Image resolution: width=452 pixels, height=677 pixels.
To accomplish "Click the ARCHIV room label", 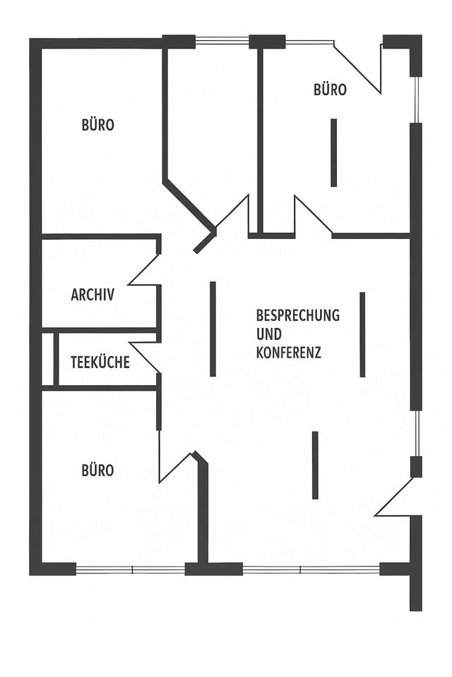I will (93, 295).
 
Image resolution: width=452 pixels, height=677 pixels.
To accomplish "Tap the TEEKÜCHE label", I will (100, 362).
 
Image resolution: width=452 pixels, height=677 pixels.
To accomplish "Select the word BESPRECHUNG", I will (297, 315).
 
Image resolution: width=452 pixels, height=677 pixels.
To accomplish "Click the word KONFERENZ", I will (288, 352).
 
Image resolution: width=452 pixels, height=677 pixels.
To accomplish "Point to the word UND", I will (268, 334).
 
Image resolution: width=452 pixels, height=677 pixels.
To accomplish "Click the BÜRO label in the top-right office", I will (330, 90).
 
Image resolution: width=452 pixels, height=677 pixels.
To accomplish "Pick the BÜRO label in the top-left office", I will (98, 126).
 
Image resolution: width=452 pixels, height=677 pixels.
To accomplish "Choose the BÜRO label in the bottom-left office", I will (97, 470).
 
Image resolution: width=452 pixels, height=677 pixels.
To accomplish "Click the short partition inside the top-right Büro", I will (333, 152).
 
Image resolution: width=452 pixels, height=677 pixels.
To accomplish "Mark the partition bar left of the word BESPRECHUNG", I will (213, 329).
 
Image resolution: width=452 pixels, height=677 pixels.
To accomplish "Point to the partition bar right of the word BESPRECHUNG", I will (362, 334).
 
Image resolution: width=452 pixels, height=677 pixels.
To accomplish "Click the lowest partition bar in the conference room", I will (315, 465).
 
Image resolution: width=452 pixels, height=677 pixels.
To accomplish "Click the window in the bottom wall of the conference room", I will (311, 569).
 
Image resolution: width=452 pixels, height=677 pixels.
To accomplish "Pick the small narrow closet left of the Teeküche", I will (48, 360).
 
